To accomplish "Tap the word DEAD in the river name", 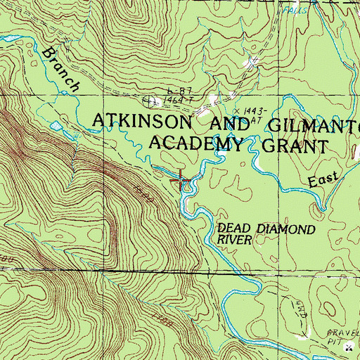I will point(236,229).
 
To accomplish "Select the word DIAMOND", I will point(284,229).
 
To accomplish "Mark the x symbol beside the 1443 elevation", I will point(237,110).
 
